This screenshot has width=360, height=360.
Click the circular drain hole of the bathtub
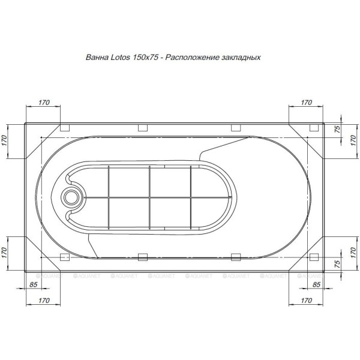coord(73,196)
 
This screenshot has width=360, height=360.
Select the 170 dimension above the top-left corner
coord(43,103)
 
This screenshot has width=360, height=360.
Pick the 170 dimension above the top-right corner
coord(306,103)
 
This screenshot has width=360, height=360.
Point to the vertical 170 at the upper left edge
coord(4,142)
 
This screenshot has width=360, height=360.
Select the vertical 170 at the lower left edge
coord(4,250)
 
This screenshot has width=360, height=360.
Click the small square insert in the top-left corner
coord(65,128)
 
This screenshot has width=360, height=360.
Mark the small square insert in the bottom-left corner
coord(65,257)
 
